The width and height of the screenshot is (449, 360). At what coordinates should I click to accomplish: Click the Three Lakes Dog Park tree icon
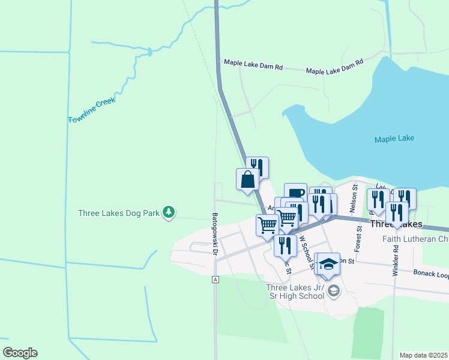pyautogui.click(x=170, y=212)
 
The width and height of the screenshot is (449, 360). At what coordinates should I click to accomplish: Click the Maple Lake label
pyautogui.click(x=394, y=139)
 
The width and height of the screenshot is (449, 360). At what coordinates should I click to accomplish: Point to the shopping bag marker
pyautogui.click(x=247, y=179)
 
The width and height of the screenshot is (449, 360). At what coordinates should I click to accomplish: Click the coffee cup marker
pyautogui.click(x=295, y=193)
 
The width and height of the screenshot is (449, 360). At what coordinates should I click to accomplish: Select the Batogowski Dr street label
pyautogui.click(x=214, y=233)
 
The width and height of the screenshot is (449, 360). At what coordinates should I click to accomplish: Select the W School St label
pyautogui.click(x=306, y=246)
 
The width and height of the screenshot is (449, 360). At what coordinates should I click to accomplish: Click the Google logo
pyautogui.click(x=20, y=353)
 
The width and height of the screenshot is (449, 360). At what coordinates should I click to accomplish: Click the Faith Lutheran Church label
pyautogui.click(x=415, y=239)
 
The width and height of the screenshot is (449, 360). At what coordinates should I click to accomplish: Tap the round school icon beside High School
pyautogui.click(x=334, y=292)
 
